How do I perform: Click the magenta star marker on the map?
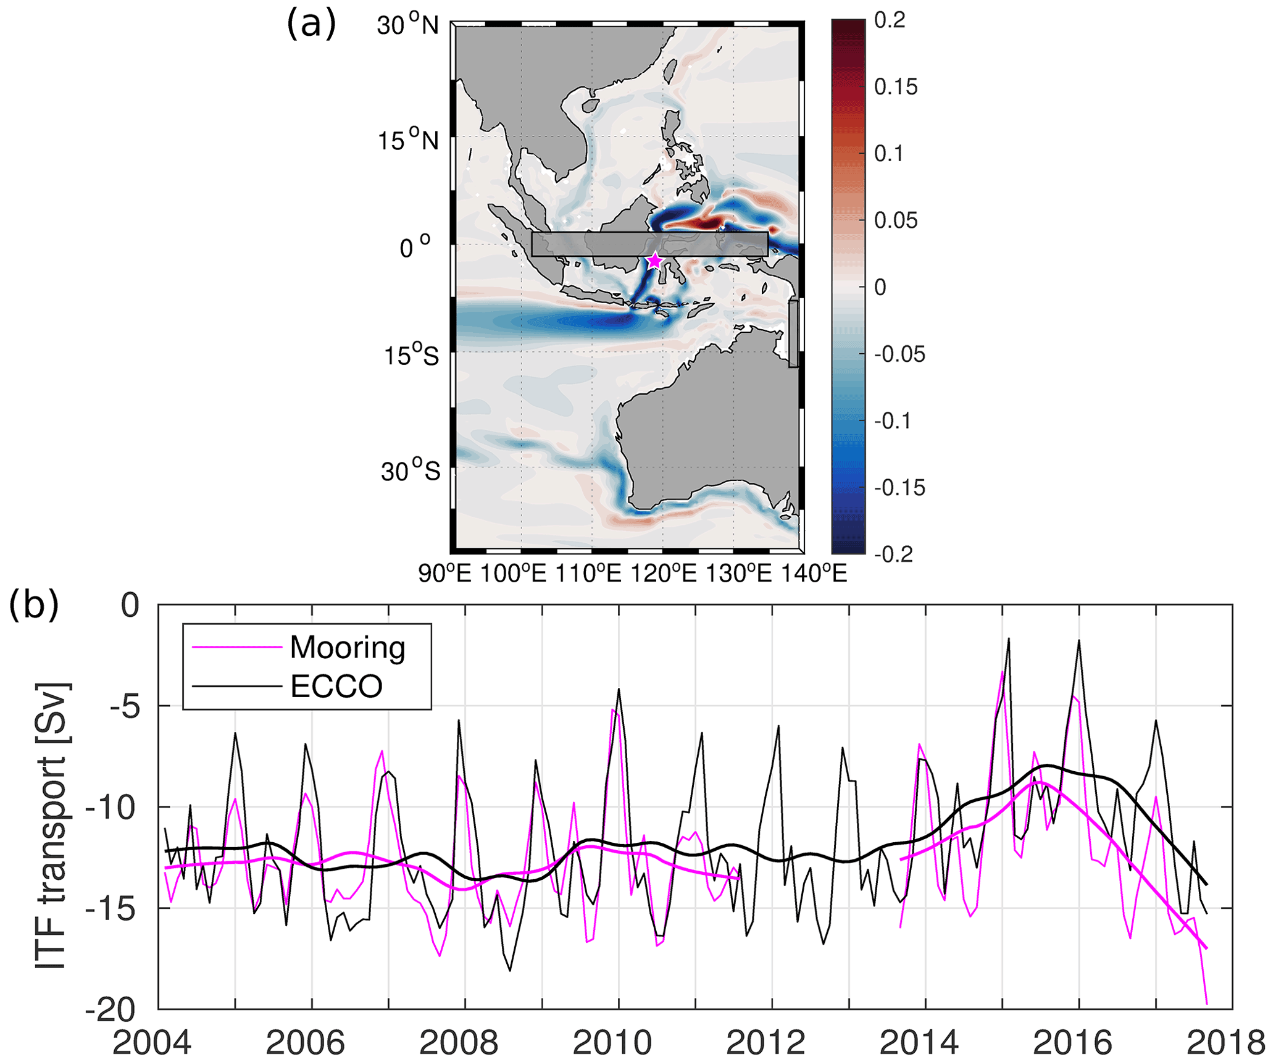click(x=654, y=261)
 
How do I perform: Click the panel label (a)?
click(x=311, y=25)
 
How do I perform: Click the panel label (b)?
click(x=34, y=606)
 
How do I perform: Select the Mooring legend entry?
click(x=348, y=647)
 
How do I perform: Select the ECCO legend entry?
click(x=336, y=686)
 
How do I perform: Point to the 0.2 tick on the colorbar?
click(x=890, y=20)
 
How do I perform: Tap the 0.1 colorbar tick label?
click(x=889, y=154)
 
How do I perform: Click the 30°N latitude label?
click(x=408, y=26)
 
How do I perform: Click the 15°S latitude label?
click(x=412, y=356)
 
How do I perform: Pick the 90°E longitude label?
click(x=445, y=574)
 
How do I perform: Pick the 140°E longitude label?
click(x=815, y=574)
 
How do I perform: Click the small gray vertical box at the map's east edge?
click(x=793, y=334)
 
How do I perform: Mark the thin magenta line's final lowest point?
click(x=1206, y=1004)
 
